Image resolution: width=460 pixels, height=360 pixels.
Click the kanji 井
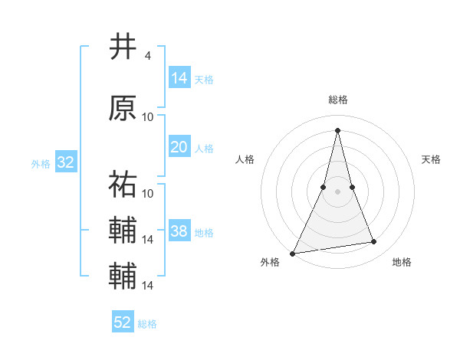pyautogui.click(x=123, y=47)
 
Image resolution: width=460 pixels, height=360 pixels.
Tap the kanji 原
pyautogui.click(x=123, y=109)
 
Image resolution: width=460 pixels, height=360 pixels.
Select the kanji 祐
pyautogui.click(x=123, y=184)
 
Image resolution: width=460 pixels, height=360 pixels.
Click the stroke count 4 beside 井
pyautogui.click(x=147, y=56)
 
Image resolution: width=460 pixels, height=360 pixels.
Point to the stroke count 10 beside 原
pyautogui.click(x=148, y=117)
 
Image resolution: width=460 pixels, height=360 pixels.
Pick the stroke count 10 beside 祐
pyautogui.click(x=148, y=193)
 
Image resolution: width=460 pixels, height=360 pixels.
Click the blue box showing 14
pyautogui.click(x=179, y=78)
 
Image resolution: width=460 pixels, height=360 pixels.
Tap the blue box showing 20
pyautogui.click(x=179, y=147)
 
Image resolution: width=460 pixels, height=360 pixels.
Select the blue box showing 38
pyautogui.click(x=179, y=231)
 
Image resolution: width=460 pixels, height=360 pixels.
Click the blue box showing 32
pyautogui.click(x=65, y=162)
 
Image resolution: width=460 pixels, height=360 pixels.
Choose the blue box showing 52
pyautogui.click(x=123, y=322)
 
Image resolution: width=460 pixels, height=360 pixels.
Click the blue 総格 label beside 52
pyautogui.click(x=147, y=324)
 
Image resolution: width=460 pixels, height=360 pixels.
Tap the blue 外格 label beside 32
pyautogui.click(x=41, y=163)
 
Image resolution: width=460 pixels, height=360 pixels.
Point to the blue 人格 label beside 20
pyautogui.click(x=204, y=148)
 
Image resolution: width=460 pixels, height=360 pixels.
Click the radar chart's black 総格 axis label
pyautogui.click(x=337, y=100)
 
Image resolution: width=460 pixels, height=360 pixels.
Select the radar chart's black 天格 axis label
pyautogui.click(x=432, y=159)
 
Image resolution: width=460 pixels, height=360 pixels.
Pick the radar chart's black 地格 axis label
pyautogui.click(x=402, y=263)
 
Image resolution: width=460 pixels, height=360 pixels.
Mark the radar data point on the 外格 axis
pyautogui.click(x=292, y=253)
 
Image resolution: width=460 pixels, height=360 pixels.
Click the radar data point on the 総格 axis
pyautogui.click(x=337, y=129)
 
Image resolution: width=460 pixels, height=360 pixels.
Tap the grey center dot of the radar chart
pyautogui.click(x=337, y=191)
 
